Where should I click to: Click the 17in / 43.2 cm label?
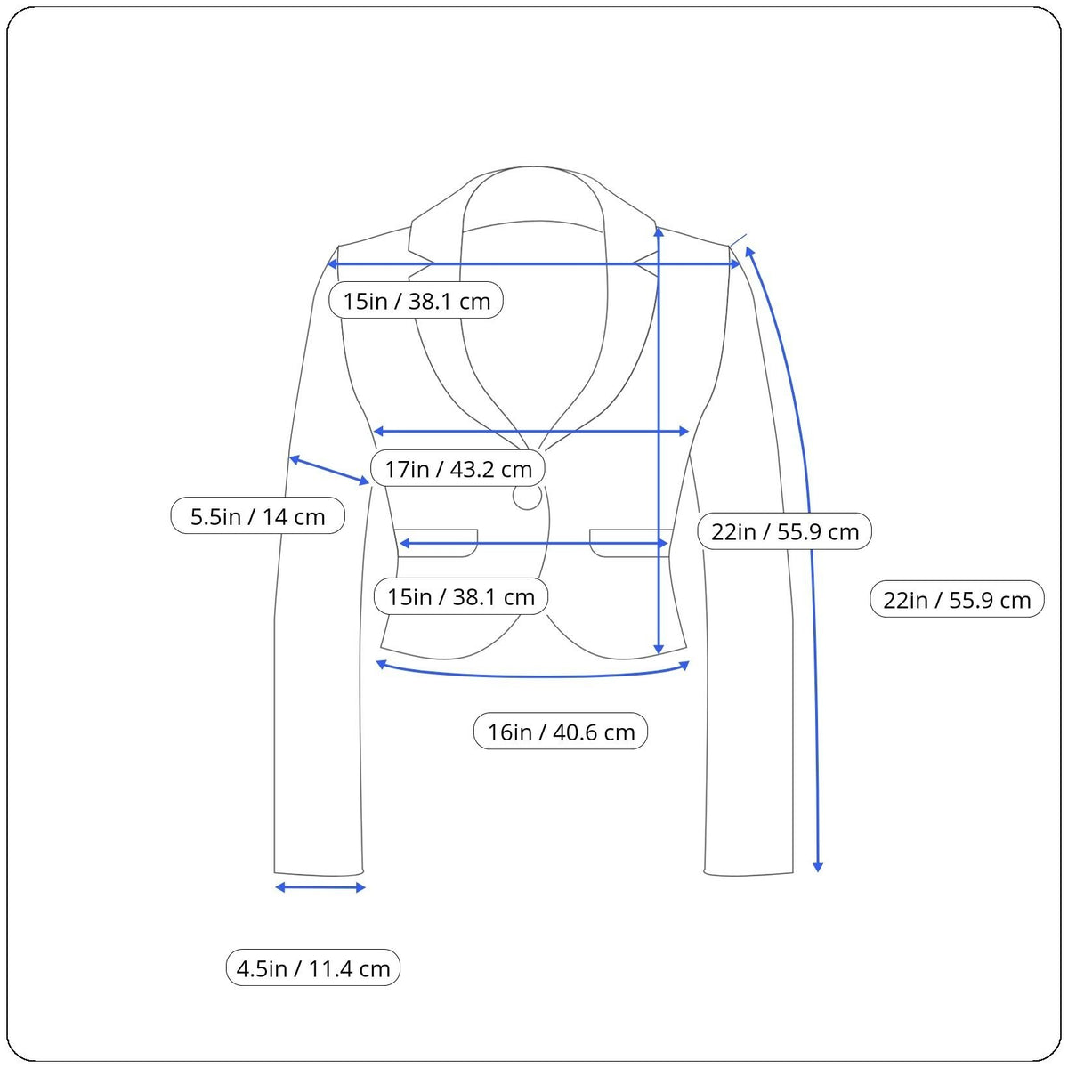457,469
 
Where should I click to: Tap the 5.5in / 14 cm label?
257,516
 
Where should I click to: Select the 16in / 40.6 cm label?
561,732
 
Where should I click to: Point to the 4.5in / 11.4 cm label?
312,968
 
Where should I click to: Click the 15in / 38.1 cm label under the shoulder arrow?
416,301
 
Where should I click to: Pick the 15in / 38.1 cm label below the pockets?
460,596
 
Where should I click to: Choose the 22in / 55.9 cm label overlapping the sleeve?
784,531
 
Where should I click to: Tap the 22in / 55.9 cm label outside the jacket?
957,600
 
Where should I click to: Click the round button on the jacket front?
527,497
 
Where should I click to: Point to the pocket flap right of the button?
631,543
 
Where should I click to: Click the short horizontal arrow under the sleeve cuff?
320,888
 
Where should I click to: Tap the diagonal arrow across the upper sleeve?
329,470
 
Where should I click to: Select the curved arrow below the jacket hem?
532,676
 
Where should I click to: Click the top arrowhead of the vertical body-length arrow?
659,231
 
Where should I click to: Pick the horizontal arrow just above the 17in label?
531,431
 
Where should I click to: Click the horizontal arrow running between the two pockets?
533,543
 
